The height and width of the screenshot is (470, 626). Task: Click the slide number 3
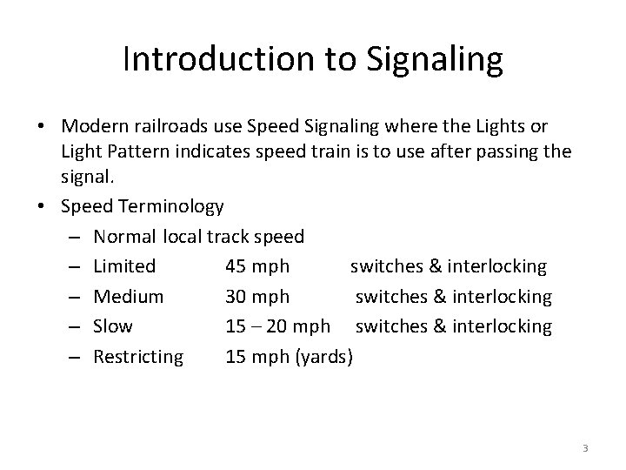(x=585, y=448)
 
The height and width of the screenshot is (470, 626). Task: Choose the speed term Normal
(x=124, y=236)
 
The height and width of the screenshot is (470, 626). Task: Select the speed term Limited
(x=124, y=266)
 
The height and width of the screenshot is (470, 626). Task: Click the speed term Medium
(x=128, y=297)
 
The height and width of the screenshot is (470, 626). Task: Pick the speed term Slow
(x=113, y=326)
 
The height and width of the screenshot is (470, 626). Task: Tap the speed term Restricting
(x=138, y=356)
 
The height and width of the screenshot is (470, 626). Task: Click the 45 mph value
(x=256, y=266)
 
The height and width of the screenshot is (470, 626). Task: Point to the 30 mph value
(x=257, y=297)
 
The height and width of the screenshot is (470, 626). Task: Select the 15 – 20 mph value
(x=277, y=326)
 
